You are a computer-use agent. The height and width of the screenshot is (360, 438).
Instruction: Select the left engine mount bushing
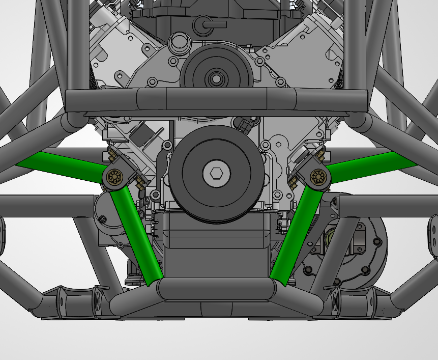click(x=114, y=177)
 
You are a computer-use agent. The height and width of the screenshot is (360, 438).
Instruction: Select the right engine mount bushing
click(x=320, y=177)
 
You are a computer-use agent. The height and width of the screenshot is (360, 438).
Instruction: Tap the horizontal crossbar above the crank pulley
click(x=216, y=100)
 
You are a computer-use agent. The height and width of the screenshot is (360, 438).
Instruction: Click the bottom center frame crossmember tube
click(x=216, y=290)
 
